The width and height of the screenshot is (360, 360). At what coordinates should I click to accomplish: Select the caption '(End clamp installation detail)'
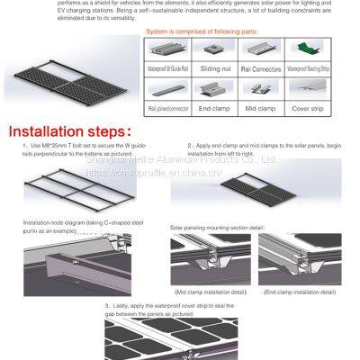[299, 292]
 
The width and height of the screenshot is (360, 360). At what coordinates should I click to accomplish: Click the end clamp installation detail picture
[299, 260]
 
